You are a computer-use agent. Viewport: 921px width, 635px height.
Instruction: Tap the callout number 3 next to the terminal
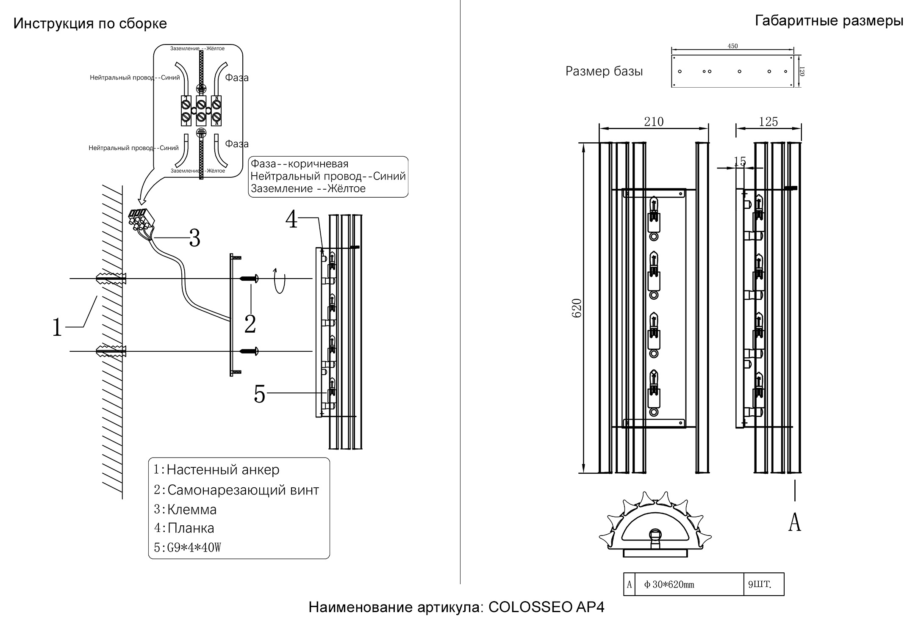[x=194, y=238]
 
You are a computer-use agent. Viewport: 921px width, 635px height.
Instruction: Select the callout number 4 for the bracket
[x=291, y=220]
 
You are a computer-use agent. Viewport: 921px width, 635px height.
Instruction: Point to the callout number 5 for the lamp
[x=259, y=395]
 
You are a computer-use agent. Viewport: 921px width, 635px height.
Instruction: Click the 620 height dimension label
[x=577, y=308]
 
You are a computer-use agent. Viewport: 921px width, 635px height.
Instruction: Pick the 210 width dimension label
[x=654, y=122]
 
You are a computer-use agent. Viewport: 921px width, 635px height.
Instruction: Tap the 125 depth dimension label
[x=768, y=122]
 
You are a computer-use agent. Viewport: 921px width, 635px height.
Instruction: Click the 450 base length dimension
[x=732, y=46]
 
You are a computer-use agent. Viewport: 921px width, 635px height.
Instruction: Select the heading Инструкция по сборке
[x=90, y=24]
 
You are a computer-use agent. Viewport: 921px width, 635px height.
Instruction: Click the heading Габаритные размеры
[x=829, y=21]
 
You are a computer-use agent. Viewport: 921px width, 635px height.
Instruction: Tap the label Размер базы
[x=604, y=72]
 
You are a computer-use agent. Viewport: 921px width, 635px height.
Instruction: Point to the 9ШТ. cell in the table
[x=760, y=585]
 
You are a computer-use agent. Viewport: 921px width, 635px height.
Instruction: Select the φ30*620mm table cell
[x=669, y=585]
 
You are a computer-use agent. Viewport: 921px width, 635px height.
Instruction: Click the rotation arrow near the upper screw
[x=279, y=280]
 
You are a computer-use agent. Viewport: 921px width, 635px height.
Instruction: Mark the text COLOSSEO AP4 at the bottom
[x=546, y=607]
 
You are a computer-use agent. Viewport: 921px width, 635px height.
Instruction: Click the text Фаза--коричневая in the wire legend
[x=300, y=164]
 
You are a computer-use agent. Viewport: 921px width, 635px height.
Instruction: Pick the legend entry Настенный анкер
[x=223, y=470]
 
